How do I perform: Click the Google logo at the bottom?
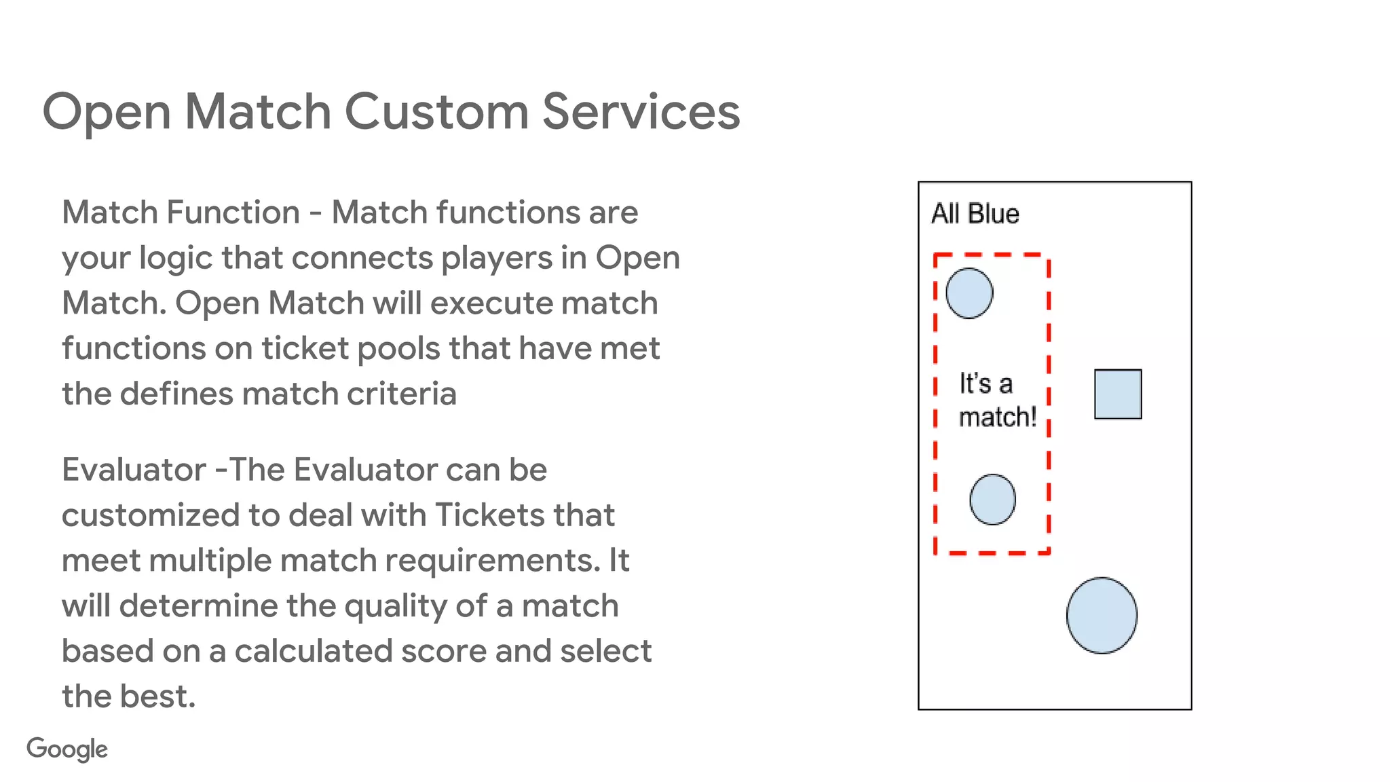[x=67, y=749]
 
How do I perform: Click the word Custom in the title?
[x=436, y=111]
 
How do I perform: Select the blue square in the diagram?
[x=1117, y=394]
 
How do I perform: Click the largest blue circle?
[x=1102, y=615]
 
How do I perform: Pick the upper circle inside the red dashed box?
[x=969, y=293]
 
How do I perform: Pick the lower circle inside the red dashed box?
[x=992, y=500]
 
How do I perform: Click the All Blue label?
[x=975, y=214]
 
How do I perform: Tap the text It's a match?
[x=996, y=401]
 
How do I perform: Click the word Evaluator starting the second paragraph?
[x=134, y=470]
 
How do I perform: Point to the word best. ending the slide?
[x=159, y=696]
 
